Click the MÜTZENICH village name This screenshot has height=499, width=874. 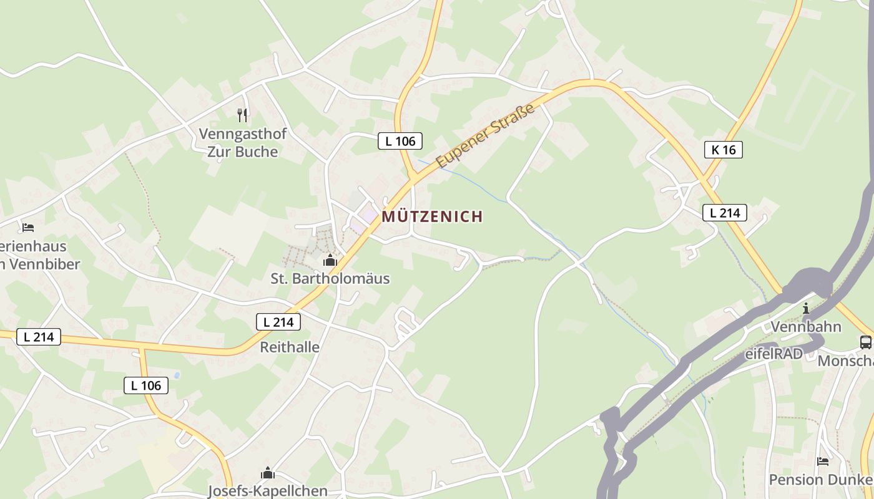pos(432,216)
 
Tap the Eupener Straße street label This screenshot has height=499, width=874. pos(486,135)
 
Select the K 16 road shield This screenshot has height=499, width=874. pos(723,150)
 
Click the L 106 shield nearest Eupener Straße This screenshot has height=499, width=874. pos(400,141)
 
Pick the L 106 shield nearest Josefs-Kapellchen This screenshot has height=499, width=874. pos(146,385)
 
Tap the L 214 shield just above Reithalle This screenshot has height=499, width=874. pos(278,322)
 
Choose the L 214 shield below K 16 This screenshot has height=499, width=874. pos(725,213)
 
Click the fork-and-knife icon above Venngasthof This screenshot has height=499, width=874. pos(242,115)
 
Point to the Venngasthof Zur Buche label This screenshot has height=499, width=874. pos(242,142)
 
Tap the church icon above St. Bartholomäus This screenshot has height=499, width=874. pos(330,260)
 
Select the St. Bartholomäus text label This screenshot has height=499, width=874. pos(330,279)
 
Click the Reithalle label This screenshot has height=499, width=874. pos(290,347)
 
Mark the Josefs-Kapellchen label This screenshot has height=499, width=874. pos(267,491)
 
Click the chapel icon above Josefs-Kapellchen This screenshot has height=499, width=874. pos(268,473)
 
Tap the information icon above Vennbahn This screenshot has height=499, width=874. pos(806,308)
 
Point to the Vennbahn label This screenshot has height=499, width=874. pos(806,327)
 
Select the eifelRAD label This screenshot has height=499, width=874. pos(774,354)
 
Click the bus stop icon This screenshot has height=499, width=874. pos(866,342)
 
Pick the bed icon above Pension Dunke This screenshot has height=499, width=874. pos(823,462)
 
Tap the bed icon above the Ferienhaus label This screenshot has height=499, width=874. pos(27,227)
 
